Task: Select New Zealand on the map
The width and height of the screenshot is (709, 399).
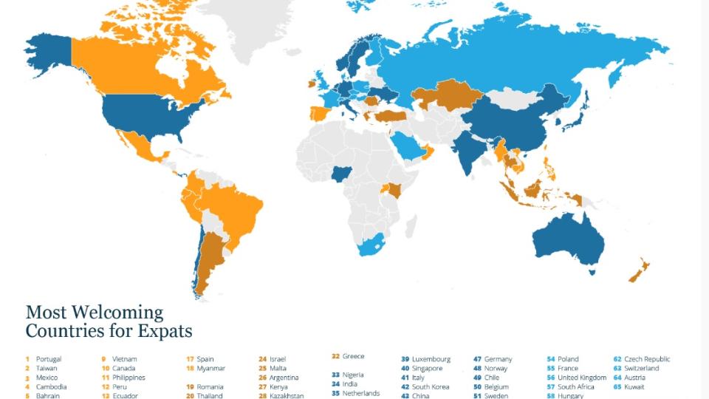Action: (640, 270)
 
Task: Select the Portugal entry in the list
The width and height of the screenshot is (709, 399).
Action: (48, 359)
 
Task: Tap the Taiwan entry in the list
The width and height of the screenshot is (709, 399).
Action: (46, 368)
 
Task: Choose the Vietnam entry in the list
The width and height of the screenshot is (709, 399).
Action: (124, 359)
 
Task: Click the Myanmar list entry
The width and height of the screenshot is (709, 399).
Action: (210, 368)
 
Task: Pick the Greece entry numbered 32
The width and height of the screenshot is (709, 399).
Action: (353, 356)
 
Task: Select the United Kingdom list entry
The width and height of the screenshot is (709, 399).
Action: (581, 378)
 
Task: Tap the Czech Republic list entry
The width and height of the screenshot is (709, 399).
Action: (647, 359)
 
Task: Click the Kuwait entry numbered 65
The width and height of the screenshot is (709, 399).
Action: (634, 386)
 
